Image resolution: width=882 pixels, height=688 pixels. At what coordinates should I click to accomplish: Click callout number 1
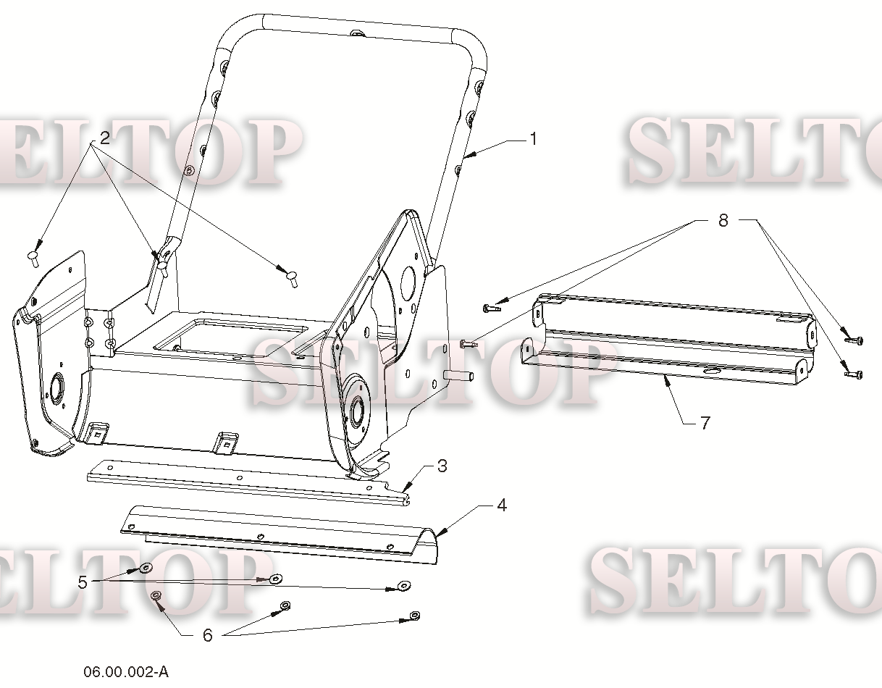(x=534, y=139)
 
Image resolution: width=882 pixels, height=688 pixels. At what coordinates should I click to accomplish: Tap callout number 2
(x=104, y=138)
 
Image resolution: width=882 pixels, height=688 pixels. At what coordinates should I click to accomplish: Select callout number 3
(x=442, y=466)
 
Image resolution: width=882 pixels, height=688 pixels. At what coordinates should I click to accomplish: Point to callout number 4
(x=502, y=505)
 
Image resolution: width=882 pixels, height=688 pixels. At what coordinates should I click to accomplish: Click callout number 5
(x=83, y=582)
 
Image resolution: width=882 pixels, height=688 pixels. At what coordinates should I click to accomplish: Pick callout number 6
(x=207, y=635)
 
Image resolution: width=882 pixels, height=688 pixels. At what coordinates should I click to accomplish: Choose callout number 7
(x=705, y=423)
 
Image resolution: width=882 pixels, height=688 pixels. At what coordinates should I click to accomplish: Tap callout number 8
(x=723, y=220)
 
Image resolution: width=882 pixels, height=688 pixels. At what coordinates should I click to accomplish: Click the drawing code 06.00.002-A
(x=126, y=672)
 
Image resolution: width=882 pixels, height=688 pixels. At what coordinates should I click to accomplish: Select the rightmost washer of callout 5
(x=403, y=585)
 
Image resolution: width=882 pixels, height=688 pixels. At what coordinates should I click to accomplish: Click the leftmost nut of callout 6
(x=156, y=595)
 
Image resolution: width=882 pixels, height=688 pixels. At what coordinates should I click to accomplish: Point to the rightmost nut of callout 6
(x=414, y=616)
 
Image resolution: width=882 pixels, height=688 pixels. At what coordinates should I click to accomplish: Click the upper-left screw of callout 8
(x=492, y=309)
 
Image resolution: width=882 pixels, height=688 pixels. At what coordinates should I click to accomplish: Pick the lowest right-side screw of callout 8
(x=853, y=374)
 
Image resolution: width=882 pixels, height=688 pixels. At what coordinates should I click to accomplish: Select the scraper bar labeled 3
(x=248, y=482)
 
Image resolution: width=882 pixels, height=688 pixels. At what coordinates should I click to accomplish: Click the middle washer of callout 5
(x=276, y=578)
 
